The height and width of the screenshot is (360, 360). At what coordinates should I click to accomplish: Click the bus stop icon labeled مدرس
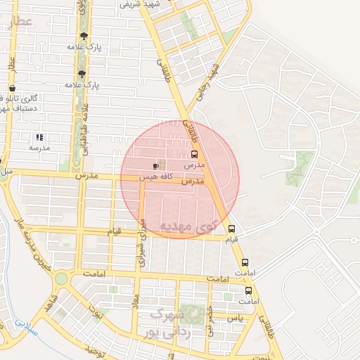tap(194, 154)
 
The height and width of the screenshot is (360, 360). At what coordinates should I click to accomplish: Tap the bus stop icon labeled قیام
tap(231, 229)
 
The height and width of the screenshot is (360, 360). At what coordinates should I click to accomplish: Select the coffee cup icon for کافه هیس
tap(155, 166)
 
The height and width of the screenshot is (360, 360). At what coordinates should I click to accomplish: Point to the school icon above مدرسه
tap(39, 137)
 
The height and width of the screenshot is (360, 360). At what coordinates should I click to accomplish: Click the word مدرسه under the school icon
tap(39, 148)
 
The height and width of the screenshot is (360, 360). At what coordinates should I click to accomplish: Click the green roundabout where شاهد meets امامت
tap(61, 278)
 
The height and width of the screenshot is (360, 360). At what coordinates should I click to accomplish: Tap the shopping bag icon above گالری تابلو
tap(12, 89)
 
